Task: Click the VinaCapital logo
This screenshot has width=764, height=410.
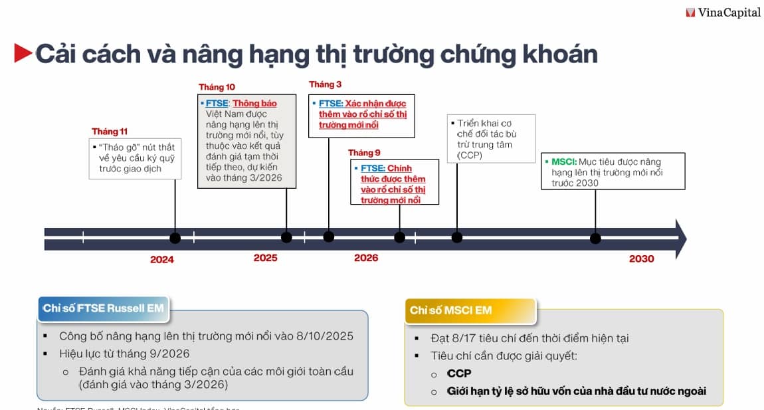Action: pyautogui.click(x=723, y=12)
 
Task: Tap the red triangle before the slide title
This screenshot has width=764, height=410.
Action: pyautogui.click(x=23, y=53)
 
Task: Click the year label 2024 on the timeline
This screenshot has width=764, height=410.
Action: pyautogui.click(x=161, y=259)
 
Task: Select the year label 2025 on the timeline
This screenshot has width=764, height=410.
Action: pyautogui.click(x=265, y=258)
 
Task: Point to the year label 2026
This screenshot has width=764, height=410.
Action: pyautogui.click(x=366, y=258)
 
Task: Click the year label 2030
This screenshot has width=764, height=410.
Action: pyautogui.click(x=641, y=258)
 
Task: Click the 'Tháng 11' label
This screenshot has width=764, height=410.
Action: pyautogui.click(x=110, y=131)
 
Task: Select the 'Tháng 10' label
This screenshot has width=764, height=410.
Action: pyautogui.click(x=217, y=87)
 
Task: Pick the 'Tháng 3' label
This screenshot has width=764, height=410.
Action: pyautogui.click(x=326, y=84)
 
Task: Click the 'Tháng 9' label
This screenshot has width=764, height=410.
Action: pyautogui.click(x=364, y=152)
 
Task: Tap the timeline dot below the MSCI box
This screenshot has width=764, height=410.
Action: pyautogui.click(x=595, y=238)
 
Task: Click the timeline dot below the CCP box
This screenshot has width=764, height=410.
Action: pyautogui.click(x=457, y=237)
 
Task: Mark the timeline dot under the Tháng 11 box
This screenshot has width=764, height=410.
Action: pyautogui.click(x=175, y=238)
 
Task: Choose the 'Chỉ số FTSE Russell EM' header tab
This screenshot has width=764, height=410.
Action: pyautogui.click(x=103, y=308)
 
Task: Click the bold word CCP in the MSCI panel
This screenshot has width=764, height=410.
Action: pyautogui.click(x=459, y=373)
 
